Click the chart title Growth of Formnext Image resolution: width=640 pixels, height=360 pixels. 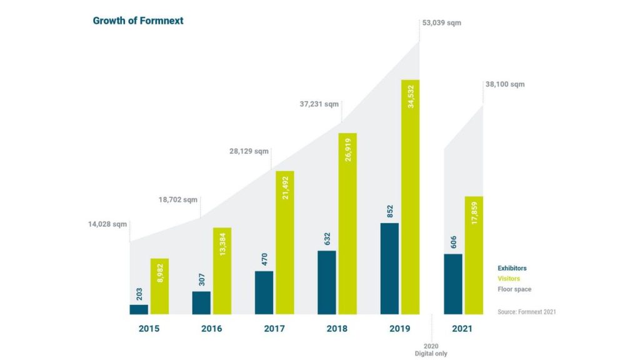pos(137,21)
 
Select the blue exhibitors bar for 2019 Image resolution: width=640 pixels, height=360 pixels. pos(389,269)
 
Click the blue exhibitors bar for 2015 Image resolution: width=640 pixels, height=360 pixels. pos(139,309)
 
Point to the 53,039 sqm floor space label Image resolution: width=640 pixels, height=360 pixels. pos(442,23)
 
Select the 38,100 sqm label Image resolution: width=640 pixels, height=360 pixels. pos(504,84)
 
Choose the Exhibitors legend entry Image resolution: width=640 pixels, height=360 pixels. pos(512,268)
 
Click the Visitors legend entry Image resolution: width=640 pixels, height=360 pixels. pos(508,279)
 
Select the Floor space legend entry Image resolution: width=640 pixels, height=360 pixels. pos(514,289)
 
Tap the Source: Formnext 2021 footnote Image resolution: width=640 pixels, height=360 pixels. pos(526,311)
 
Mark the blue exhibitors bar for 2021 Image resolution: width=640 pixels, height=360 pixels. pos(453,284)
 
